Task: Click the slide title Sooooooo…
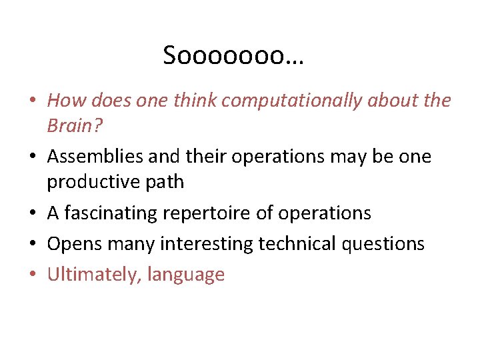pos(233,56)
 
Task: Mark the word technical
pos(297,244)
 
